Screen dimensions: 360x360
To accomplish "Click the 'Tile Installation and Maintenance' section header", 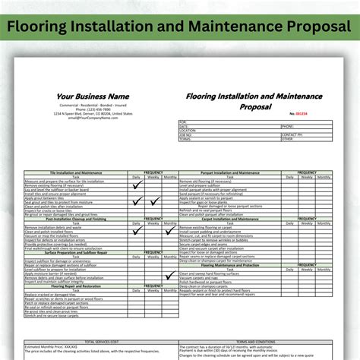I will tap(75, 172).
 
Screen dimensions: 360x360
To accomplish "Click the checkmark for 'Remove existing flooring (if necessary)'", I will tap(137, 185).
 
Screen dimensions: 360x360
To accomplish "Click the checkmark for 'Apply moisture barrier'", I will tap(137, 272).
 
